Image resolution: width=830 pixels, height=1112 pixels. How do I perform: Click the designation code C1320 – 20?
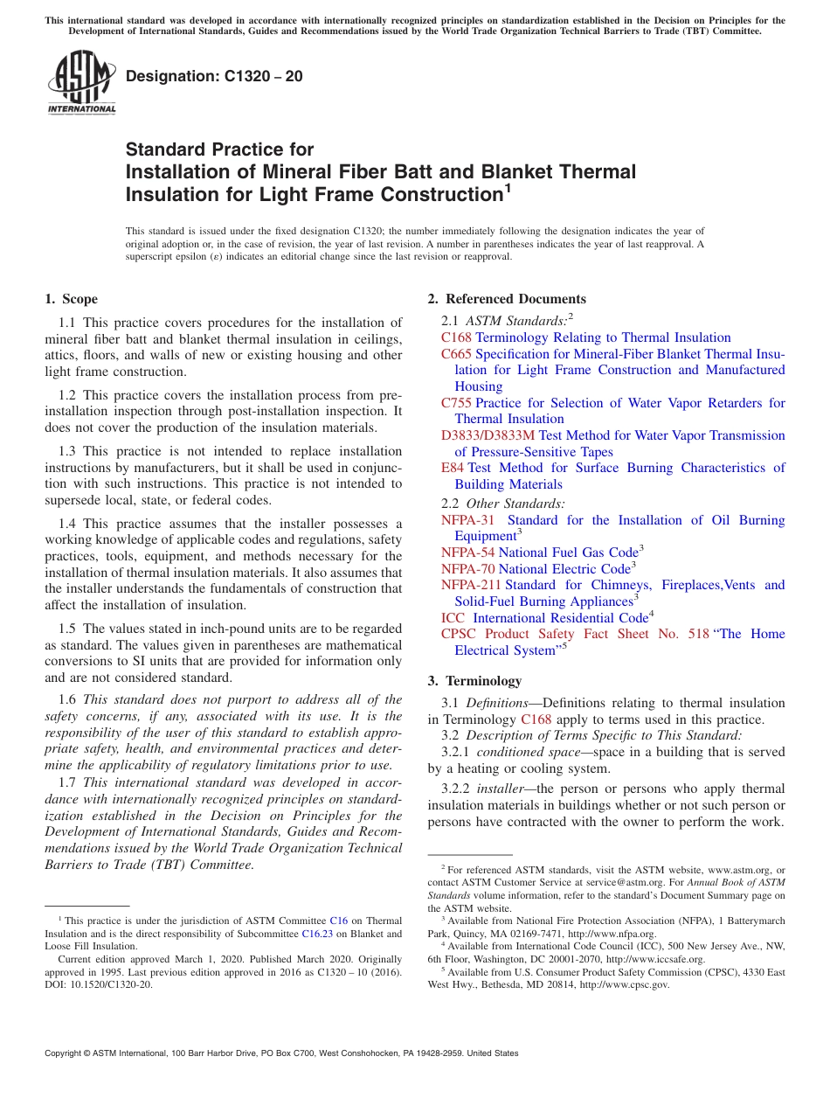(x=215, y=76)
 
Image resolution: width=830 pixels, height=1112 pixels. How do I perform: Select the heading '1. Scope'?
(x=72, y=299)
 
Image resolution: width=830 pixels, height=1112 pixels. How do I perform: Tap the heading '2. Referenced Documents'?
(x=507, y=299)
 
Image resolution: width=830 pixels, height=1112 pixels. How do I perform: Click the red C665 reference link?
(x=456, y=354)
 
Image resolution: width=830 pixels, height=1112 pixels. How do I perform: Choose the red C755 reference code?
(x=456, y=403)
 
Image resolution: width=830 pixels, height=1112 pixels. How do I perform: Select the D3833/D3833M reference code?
(x=488, y=435)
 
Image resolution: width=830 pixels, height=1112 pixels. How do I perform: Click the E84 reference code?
(x=453, y=468)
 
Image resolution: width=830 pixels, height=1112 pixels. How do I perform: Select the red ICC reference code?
(x=453, y=618)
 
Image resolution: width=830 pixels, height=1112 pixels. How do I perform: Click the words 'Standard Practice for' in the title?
(x=219, y=149)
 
